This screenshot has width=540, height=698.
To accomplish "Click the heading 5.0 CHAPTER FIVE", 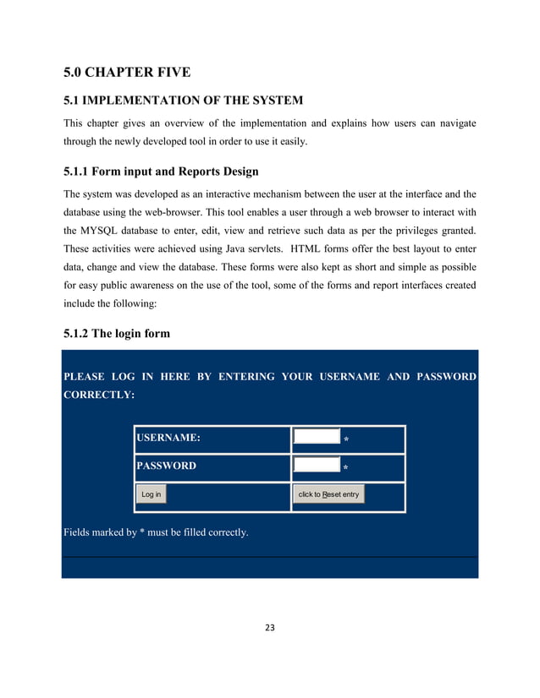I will (126, 72).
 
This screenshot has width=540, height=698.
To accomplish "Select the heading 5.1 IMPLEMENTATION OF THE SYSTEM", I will (183, 101).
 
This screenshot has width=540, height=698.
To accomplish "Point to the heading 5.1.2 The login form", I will (117, 333).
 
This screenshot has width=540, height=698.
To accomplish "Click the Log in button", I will (152, 494).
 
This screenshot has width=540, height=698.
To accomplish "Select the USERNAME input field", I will (316, 438).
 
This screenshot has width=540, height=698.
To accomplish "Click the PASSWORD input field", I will (316, 465).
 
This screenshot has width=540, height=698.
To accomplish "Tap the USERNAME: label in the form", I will (168, 438).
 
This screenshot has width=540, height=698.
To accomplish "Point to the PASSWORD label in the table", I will (166, 466).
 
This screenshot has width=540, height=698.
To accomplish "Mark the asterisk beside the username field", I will (345, 440).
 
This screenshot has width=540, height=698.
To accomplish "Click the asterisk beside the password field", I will (345, 468).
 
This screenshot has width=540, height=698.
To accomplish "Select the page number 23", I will (270, 628).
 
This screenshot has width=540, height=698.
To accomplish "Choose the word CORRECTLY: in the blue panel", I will (97, 395).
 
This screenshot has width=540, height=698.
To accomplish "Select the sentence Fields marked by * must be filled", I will (156, 532).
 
